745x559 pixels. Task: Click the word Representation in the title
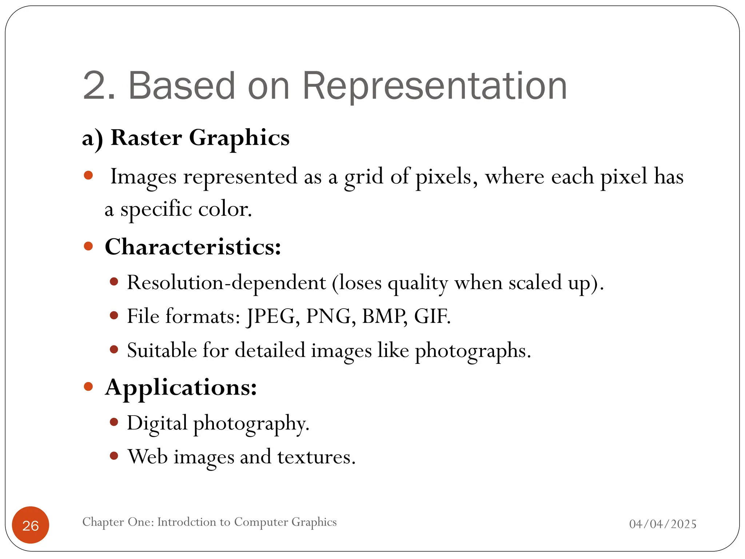click(434, 86)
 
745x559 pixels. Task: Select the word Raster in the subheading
click(146, 138)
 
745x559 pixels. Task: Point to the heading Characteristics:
click(193, 247)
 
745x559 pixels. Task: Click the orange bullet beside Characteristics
click(88, 246)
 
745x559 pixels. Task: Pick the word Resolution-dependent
click(226, 282)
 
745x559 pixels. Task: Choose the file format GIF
click(432, 316)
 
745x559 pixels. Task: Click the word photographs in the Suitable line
click(473, 351)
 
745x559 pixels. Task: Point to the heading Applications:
click(181, 387)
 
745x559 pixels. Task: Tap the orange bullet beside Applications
click(88, 386)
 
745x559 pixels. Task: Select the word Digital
click(157, 423)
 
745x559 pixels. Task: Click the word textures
click(316, 457)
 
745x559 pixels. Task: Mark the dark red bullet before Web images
click(114, 456)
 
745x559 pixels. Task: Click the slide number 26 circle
click(31, 525)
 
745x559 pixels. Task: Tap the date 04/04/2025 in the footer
click(663, 524)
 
